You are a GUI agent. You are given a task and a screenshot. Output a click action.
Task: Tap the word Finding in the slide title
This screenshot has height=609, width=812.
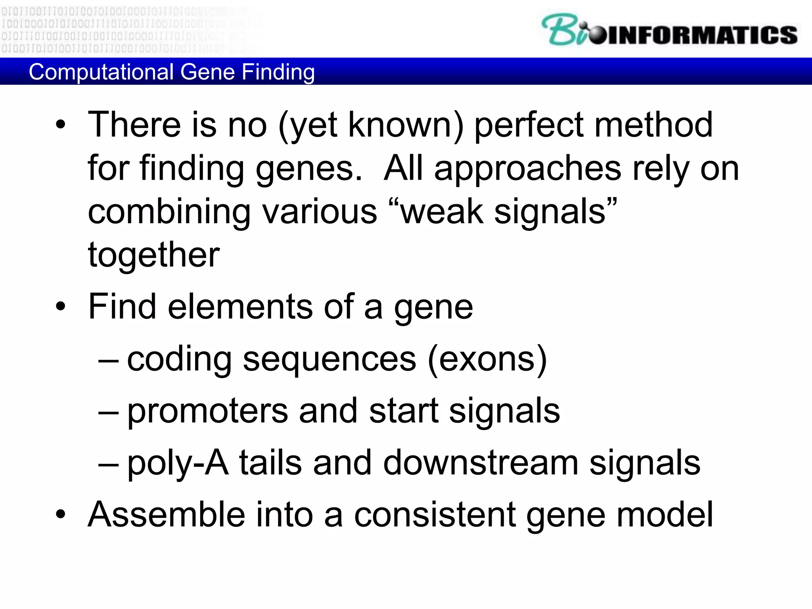pos(278,72)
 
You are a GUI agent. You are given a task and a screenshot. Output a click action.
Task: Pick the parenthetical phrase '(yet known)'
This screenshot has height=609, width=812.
pos(371,125)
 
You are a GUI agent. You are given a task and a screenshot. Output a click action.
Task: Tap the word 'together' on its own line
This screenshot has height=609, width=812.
pos(153,255)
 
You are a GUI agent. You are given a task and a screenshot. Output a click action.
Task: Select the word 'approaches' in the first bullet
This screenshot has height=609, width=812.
pos(528,169)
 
